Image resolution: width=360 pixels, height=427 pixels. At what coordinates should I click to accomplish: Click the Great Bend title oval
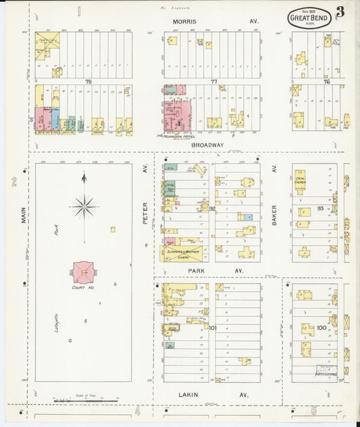tap(309, 17)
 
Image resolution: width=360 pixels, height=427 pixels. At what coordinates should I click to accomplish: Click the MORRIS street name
tap(184, 22)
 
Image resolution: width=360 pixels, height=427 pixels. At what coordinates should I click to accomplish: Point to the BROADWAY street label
tap(208, 145)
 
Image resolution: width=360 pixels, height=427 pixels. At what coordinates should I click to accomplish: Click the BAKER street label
tap(275, 214)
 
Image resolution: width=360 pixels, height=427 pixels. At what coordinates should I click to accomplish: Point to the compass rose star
tap(84, 207)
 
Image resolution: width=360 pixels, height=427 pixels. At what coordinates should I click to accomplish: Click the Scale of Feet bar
tap(85, 401)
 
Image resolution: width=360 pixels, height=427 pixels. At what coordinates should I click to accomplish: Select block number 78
tap(88, 82)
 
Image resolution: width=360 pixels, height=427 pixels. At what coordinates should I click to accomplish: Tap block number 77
tap(214, 82)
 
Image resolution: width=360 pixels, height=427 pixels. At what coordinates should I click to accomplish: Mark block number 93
tap(320, 208)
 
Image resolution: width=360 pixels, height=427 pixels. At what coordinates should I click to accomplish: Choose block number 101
tap(213, 328)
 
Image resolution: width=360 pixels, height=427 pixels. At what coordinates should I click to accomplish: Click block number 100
tap(322, 328)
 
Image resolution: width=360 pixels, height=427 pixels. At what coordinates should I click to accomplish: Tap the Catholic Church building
tap(299, 181)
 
